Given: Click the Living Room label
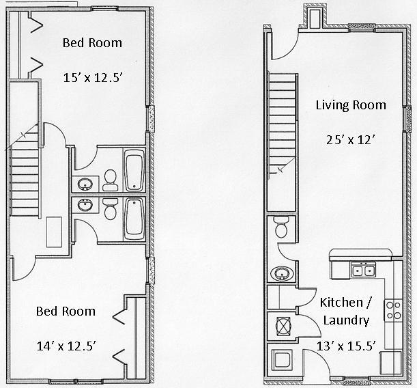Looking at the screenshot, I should pos(350,105).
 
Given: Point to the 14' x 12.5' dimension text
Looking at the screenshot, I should pos(66,346).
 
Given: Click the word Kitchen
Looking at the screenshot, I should pos(341,301).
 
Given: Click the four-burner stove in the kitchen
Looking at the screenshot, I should pos(394,310).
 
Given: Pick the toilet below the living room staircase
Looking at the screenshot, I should pos(281,227).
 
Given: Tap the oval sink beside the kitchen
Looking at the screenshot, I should pos(280,274).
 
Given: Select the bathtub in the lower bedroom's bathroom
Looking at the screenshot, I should pos(134,217).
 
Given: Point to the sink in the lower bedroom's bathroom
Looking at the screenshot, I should pos(85,205).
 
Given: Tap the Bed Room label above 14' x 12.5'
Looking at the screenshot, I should pos(66,311).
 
